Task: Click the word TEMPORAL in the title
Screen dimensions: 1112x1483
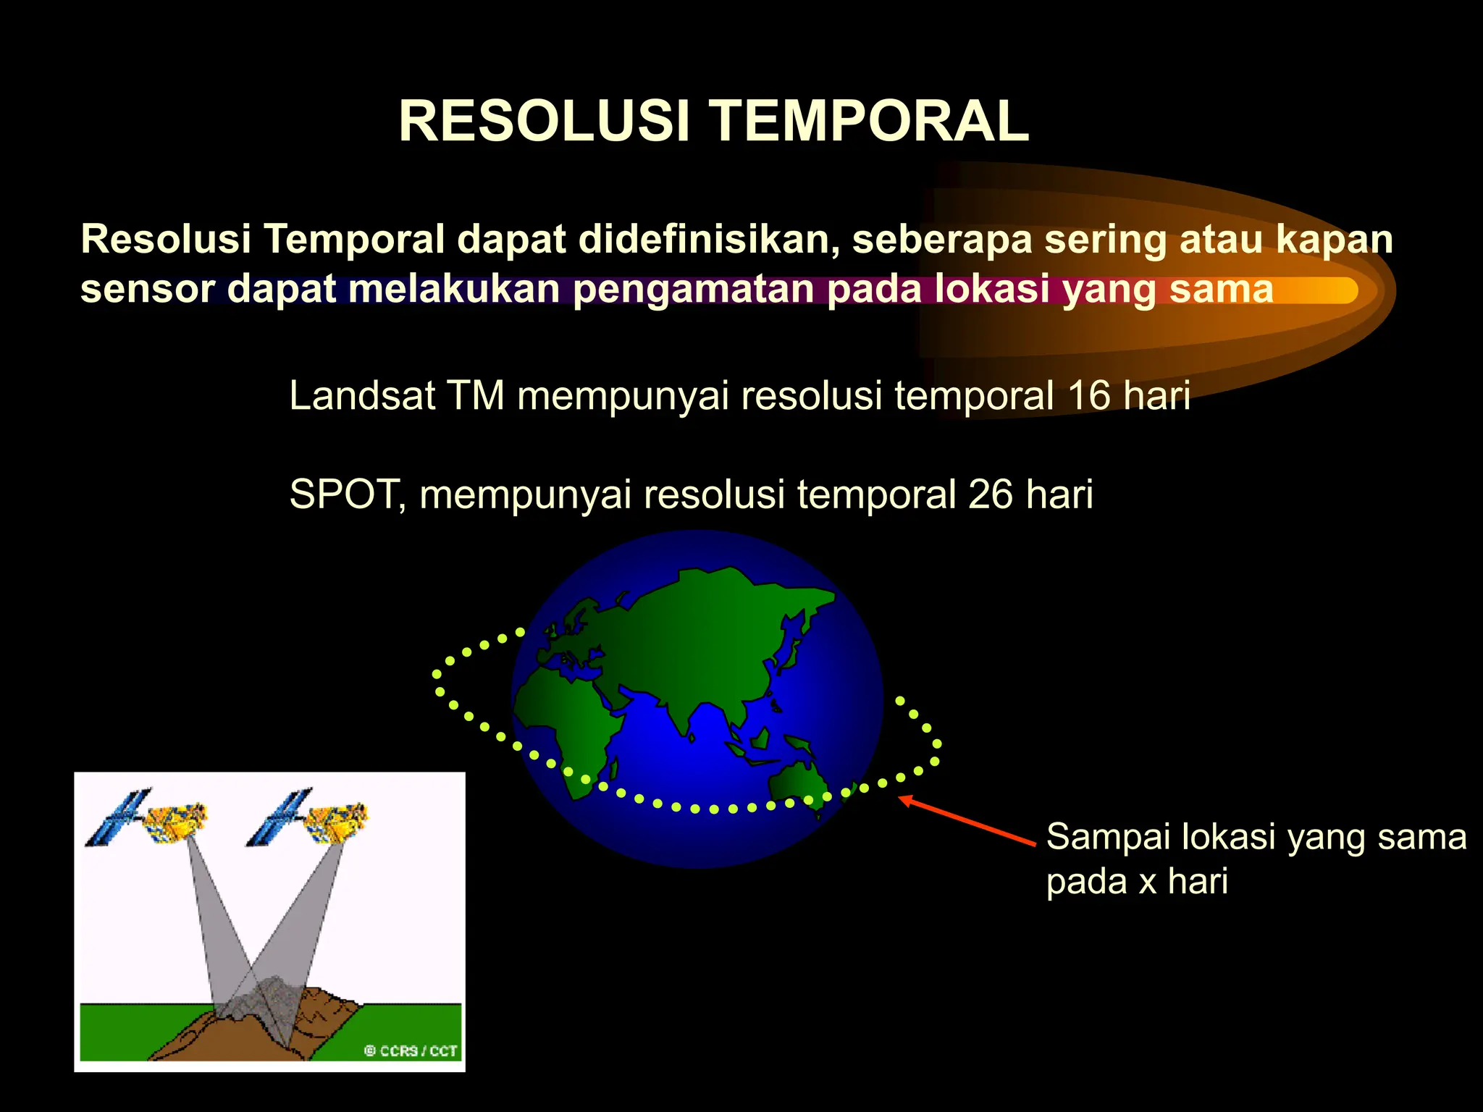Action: pos(868,121)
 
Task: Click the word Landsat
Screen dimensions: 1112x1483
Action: pos(362,396)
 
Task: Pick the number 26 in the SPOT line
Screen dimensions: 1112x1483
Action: pos(990,494)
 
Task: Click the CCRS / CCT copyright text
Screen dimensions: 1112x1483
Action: pos(411,1050)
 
